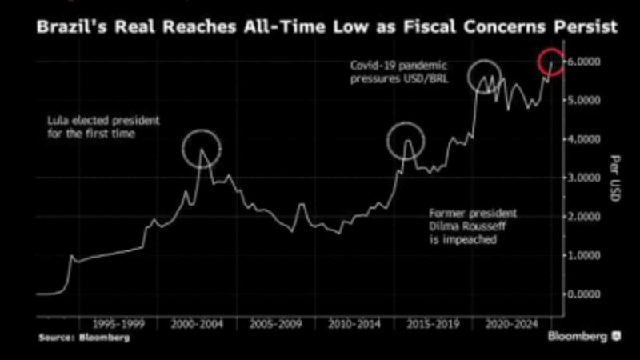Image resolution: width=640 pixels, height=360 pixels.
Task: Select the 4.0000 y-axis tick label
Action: click(586, 139)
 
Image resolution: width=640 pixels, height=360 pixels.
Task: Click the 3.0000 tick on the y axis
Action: click(586, 178)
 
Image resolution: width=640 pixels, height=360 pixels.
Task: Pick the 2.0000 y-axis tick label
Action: click(586, 217)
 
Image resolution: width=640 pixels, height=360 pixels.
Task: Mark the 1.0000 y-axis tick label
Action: click(586, 255)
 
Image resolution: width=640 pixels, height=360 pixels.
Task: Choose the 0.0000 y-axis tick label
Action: click(586, 294)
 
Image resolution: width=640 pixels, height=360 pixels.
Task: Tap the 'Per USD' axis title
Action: click(614, 178)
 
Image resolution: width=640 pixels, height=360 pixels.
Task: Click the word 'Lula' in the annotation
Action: click(58, 121)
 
